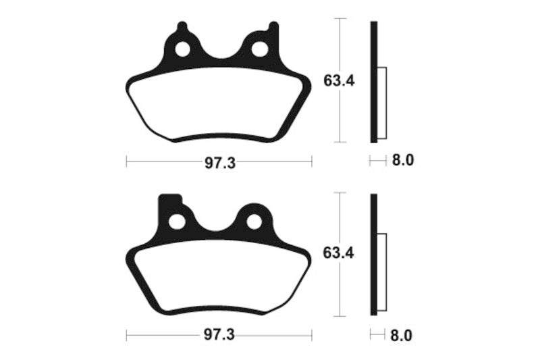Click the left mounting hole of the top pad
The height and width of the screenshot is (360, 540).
tap(182, 49)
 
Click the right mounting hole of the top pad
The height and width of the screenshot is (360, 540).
tap(259, 49)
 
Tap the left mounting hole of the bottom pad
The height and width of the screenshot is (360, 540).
tap(177, 222)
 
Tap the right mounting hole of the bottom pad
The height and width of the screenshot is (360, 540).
tap(254, 222)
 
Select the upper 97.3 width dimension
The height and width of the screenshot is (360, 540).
tap(219, 162)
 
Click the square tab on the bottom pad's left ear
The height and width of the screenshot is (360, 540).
tap(169, 201)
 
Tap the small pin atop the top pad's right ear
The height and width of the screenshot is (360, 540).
tap(273, 27)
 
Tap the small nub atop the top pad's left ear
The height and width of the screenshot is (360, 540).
tap(181, 27)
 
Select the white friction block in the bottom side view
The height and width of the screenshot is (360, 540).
tap(381, 274)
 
